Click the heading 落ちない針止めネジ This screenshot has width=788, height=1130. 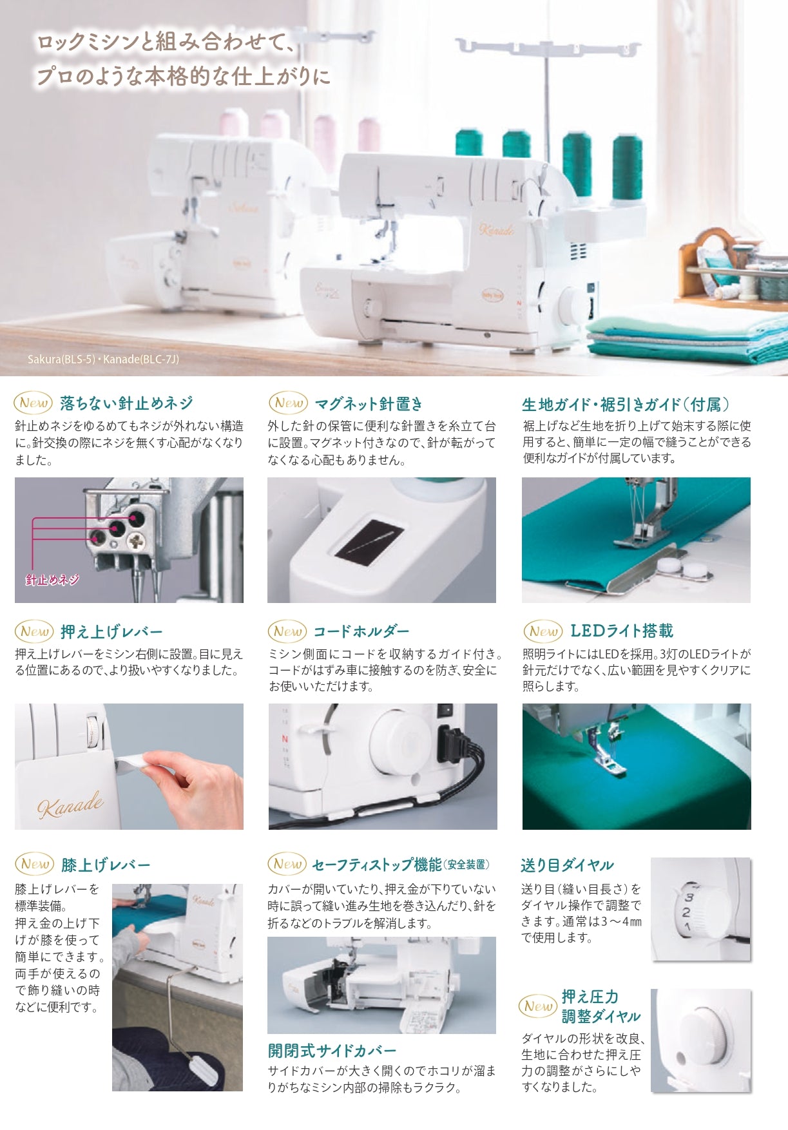coord(126,403)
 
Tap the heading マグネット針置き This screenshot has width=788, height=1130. coord(369,404)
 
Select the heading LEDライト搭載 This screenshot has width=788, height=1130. coord(622,631)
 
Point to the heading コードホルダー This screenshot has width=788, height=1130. coord(361,631)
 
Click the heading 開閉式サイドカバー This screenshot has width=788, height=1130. coord(332,1051)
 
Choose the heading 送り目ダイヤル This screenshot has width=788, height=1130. coord(567,865)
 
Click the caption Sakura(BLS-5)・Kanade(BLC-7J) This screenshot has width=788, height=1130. coord(103,359)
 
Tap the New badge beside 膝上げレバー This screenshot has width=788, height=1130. coord(34,864)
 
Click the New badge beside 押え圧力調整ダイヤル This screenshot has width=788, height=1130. coord(538,1006)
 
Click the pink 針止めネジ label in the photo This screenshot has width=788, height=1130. coord(52,580)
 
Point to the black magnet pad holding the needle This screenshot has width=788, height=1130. coord(369,541)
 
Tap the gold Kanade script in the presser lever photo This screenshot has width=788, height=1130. coord(70,805)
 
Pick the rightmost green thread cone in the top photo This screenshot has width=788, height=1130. coord(627,166)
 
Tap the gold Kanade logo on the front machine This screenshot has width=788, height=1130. coord(497,229)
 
